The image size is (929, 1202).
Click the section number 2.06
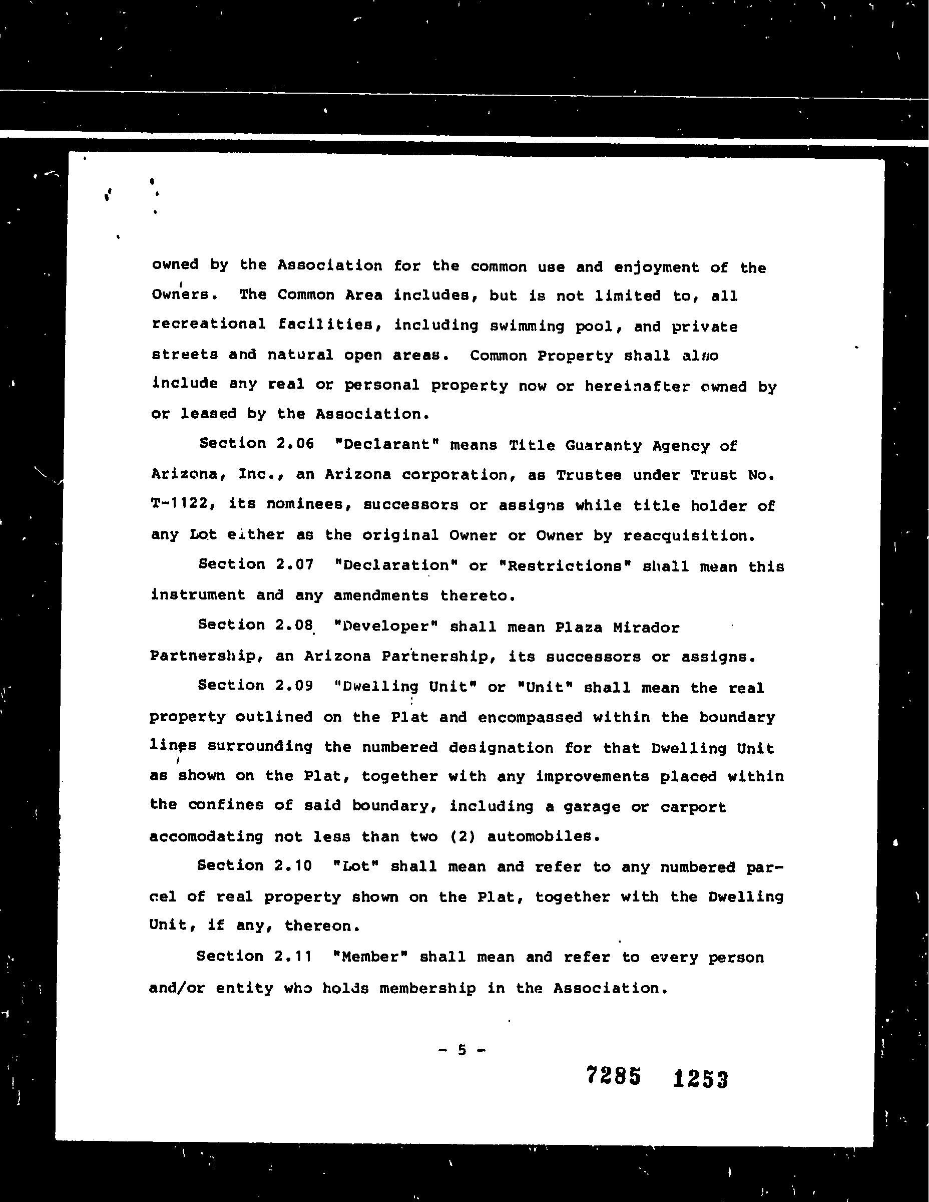293,444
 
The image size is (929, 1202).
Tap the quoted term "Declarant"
384,445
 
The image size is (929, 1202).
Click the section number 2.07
293,564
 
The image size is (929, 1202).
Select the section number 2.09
293,686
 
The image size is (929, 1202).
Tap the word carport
693,807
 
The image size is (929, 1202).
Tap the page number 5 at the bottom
462,1050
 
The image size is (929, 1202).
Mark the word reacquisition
688,535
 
